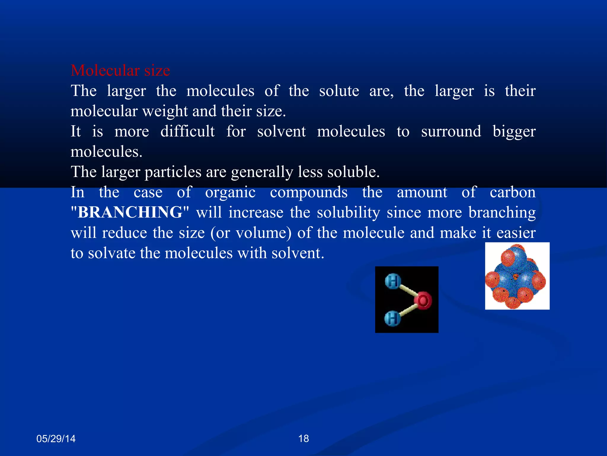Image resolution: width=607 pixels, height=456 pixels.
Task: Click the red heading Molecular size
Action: point(120,71)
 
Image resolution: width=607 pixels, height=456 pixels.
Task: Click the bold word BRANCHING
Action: point(130,212)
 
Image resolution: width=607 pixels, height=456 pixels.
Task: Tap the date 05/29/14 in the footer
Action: point(56,438)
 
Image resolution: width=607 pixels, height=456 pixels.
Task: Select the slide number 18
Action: point(303,438)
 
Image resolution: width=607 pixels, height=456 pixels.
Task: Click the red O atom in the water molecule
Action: point(423,300)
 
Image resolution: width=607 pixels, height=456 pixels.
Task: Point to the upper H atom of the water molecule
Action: point(393,281)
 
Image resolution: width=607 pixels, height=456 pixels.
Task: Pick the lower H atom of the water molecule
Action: point(392,319)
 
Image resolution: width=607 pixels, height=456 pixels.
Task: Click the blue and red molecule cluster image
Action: point(517,276)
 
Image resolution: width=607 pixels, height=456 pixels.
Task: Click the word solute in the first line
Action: point(339,91)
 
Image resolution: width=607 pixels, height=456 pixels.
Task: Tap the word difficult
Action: point(188,132)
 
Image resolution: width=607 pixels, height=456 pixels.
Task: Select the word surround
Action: point(451,132)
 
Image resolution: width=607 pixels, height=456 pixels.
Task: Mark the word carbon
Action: point(512,192)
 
